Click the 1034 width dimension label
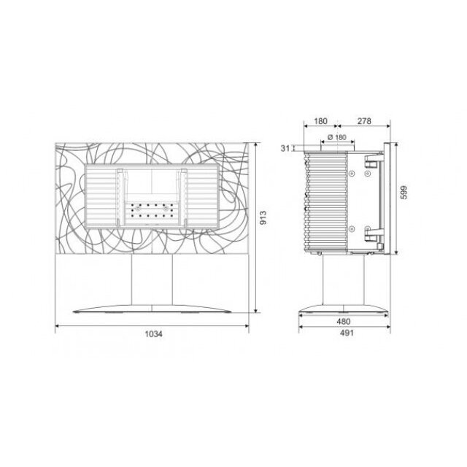pos(154,334)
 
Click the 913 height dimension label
pos(263,217)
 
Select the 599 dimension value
pos(404,193)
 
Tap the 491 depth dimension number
pos(347,333)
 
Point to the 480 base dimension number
pos(344,322)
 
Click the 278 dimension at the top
pos(364,121)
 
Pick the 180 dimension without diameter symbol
pos(320,121)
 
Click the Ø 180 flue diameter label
pos(337,137)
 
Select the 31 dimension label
pos(285,148)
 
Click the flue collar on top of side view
pos(337,147)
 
